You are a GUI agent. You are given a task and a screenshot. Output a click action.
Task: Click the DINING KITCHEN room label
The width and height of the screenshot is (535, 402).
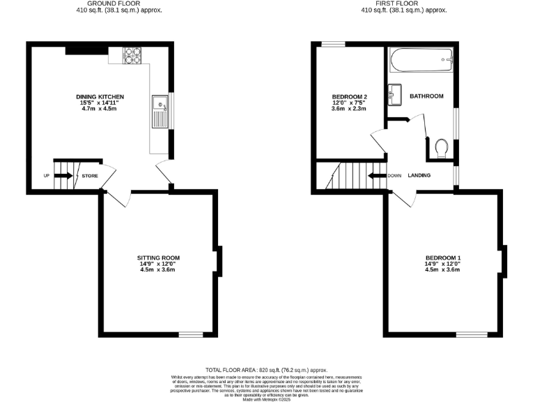click(100, 96)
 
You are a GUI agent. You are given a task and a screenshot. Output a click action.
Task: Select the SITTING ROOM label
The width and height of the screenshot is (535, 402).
click(158, 258)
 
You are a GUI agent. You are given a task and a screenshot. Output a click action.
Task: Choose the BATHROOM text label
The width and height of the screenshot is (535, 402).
click(426, 96)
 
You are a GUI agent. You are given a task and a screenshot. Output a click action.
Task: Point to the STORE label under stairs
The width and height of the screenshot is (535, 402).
click(90, 176)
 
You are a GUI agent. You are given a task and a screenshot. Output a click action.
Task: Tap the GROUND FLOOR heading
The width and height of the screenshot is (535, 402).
click(100, 3)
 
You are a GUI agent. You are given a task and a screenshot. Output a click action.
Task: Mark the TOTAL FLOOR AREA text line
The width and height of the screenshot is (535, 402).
click(267, 370)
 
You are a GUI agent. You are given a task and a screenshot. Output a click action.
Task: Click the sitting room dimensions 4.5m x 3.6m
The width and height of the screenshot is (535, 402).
click(158, 270)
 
